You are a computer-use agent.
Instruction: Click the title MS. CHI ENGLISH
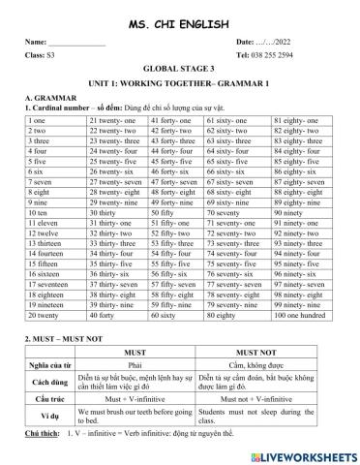[180, 22]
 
